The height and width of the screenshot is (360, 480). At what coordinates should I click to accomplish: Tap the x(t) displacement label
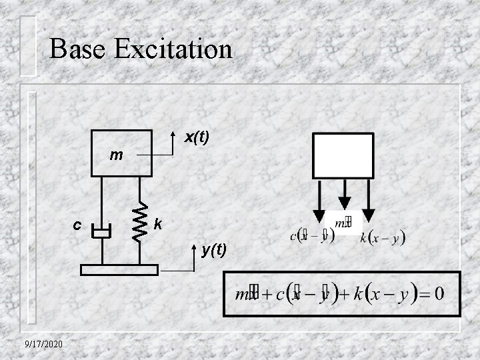pos(197,137)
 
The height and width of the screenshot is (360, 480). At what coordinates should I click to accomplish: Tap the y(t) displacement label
pos(214,249)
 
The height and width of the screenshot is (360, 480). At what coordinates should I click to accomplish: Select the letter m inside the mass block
pos(116,156)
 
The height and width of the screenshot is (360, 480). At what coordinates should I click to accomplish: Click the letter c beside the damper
pos(77,225)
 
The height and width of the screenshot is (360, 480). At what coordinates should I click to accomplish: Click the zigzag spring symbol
pos(139,221)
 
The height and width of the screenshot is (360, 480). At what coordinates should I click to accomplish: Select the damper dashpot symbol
pos(101,233)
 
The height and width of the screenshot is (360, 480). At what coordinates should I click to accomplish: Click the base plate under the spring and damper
pos(119,269)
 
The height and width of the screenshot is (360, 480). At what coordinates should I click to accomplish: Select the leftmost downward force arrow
pos(320,200)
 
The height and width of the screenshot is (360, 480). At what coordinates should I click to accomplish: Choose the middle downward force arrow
pos(344,195)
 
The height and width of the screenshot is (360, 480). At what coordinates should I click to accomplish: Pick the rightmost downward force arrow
pos(368,200)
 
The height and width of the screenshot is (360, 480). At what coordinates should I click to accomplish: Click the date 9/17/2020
pos(41,343)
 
